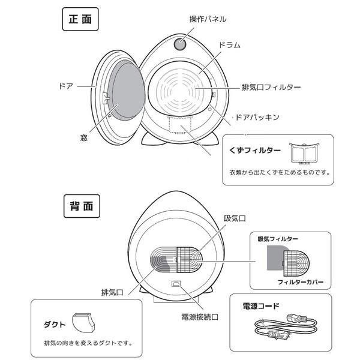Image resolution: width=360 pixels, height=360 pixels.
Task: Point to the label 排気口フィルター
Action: click(x=271, y=87)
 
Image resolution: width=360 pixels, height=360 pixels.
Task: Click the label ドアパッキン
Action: click(x=260, y=118)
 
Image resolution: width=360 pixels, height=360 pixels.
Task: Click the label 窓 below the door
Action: click(x=84, y=137)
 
